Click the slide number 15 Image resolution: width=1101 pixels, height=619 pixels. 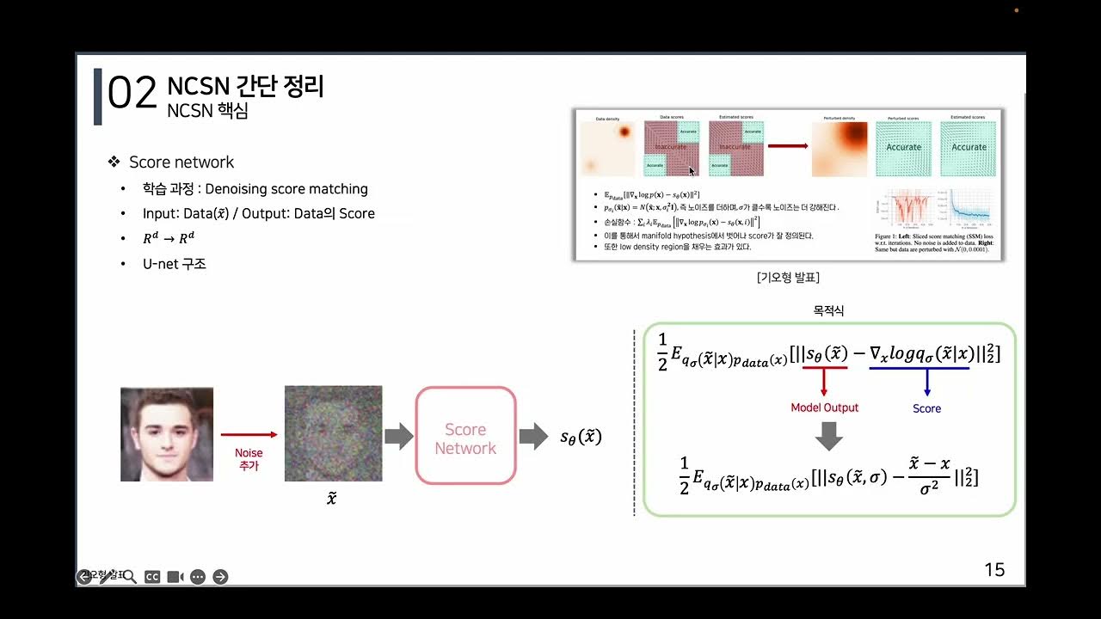pos(994,570)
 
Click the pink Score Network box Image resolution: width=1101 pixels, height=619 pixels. pos(465,436)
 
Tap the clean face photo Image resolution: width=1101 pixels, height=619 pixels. pos(167,434)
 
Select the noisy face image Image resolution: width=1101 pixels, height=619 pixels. pos(333,434)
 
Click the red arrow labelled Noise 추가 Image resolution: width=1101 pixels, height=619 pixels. pos(249,436)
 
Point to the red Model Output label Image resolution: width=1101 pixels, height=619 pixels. pos(824,408)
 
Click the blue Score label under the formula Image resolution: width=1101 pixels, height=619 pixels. pos(926,408)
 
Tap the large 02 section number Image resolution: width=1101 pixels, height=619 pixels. pos(132,93)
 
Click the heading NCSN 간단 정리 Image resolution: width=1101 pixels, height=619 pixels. pos(245,86)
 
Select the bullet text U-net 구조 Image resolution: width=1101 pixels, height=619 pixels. pos(175,264)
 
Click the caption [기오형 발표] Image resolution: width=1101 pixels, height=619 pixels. pos(788,278)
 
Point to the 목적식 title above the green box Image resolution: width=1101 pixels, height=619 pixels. pos(828,311)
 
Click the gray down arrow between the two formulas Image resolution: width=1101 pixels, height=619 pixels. pos(828,436)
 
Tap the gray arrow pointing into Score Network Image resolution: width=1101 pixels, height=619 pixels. pos(398,437)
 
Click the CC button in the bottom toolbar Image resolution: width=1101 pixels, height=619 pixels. pos(152,577)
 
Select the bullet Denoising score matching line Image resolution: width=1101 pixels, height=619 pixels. pos(255,189)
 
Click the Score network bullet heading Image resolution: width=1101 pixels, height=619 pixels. pos(181,162)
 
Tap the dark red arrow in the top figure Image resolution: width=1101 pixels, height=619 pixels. pos(787,146)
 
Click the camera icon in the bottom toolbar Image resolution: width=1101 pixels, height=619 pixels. pos(175,577)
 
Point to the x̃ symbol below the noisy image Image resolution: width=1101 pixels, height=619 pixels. pos(332,498)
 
